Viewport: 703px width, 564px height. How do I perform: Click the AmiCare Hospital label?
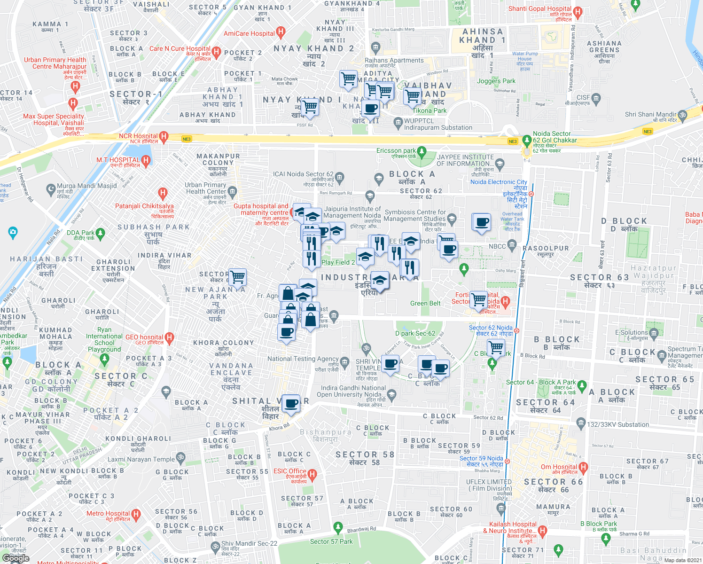pos(249,33)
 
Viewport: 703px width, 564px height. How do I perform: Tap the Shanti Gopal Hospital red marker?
pos(578,11)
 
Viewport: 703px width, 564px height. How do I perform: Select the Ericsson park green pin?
pos(422,151)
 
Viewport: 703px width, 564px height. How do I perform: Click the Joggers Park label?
pos(496,81)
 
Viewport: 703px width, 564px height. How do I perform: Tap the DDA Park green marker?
pos(100,233)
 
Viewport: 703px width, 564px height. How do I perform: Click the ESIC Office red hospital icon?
pos(312,474)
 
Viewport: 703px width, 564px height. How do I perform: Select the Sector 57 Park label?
pos(331,541)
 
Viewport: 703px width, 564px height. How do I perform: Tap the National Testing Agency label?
pos(303,359)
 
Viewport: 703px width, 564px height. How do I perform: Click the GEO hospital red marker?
pos(170,337)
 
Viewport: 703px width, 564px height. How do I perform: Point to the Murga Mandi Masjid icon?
pos(51,189)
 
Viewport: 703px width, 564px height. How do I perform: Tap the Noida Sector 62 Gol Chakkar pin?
pos(527,140)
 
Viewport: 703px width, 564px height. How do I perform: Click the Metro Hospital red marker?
pos(136,514)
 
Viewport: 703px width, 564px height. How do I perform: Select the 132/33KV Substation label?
pos(618,424)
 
